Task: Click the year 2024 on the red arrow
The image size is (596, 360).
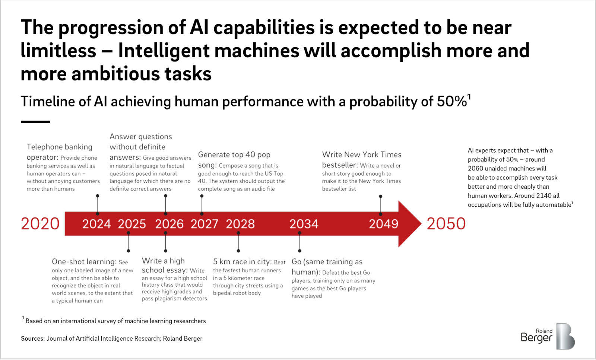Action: tap(96, 224)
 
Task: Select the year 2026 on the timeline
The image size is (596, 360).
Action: tap(169, 224)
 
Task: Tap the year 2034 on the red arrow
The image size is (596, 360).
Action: tap(304, 224)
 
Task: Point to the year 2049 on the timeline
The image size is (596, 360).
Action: tap(383, 224)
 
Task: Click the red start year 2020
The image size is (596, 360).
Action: tap(40, 224)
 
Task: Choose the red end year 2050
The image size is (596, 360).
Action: tap(446, 224)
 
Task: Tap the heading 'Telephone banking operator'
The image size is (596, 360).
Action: tap(59, 152)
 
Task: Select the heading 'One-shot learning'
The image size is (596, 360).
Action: tap(84, 262)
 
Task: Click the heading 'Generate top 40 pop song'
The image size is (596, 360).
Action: tap(234, 160)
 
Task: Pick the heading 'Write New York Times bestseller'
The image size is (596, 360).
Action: tap(362, 160)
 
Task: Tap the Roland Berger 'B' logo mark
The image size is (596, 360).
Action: tap(565, 336)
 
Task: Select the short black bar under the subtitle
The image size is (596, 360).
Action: tap(36, 122)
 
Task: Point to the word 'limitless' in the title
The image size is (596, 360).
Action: tap(58, 51)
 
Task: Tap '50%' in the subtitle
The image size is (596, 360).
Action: tap(452, 101)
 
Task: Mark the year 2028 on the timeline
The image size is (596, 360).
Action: tap(240, 224)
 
